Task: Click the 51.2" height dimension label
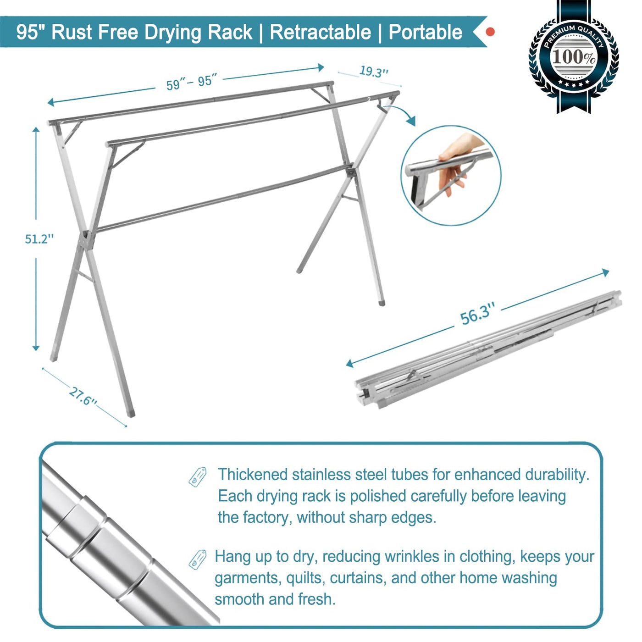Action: (x=39, y=239)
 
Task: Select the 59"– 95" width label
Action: (x=191, y=83)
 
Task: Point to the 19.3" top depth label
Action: (x=374, y=72)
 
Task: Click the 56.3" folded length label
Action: (x=477, y=314)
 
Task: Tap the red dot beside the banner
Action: (x=490, y=32)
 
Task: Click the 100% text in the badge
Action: (x=573, y=57)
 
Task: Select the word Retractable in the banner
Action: (x=320, y=32)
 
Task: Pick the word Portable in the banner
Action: (x=425, y=32)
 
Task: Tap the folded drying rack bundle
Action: (x=486, y=351)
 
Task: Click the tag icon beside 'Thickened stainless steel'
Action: (x=198, y=476)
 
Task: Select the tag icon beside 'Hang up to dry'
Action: (x=198, y=559)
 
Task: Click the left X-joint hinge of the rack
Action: (x=86, y=240)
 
